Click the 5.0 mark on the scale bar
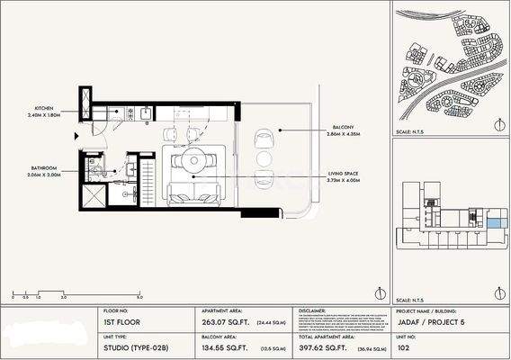(139, 296)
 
